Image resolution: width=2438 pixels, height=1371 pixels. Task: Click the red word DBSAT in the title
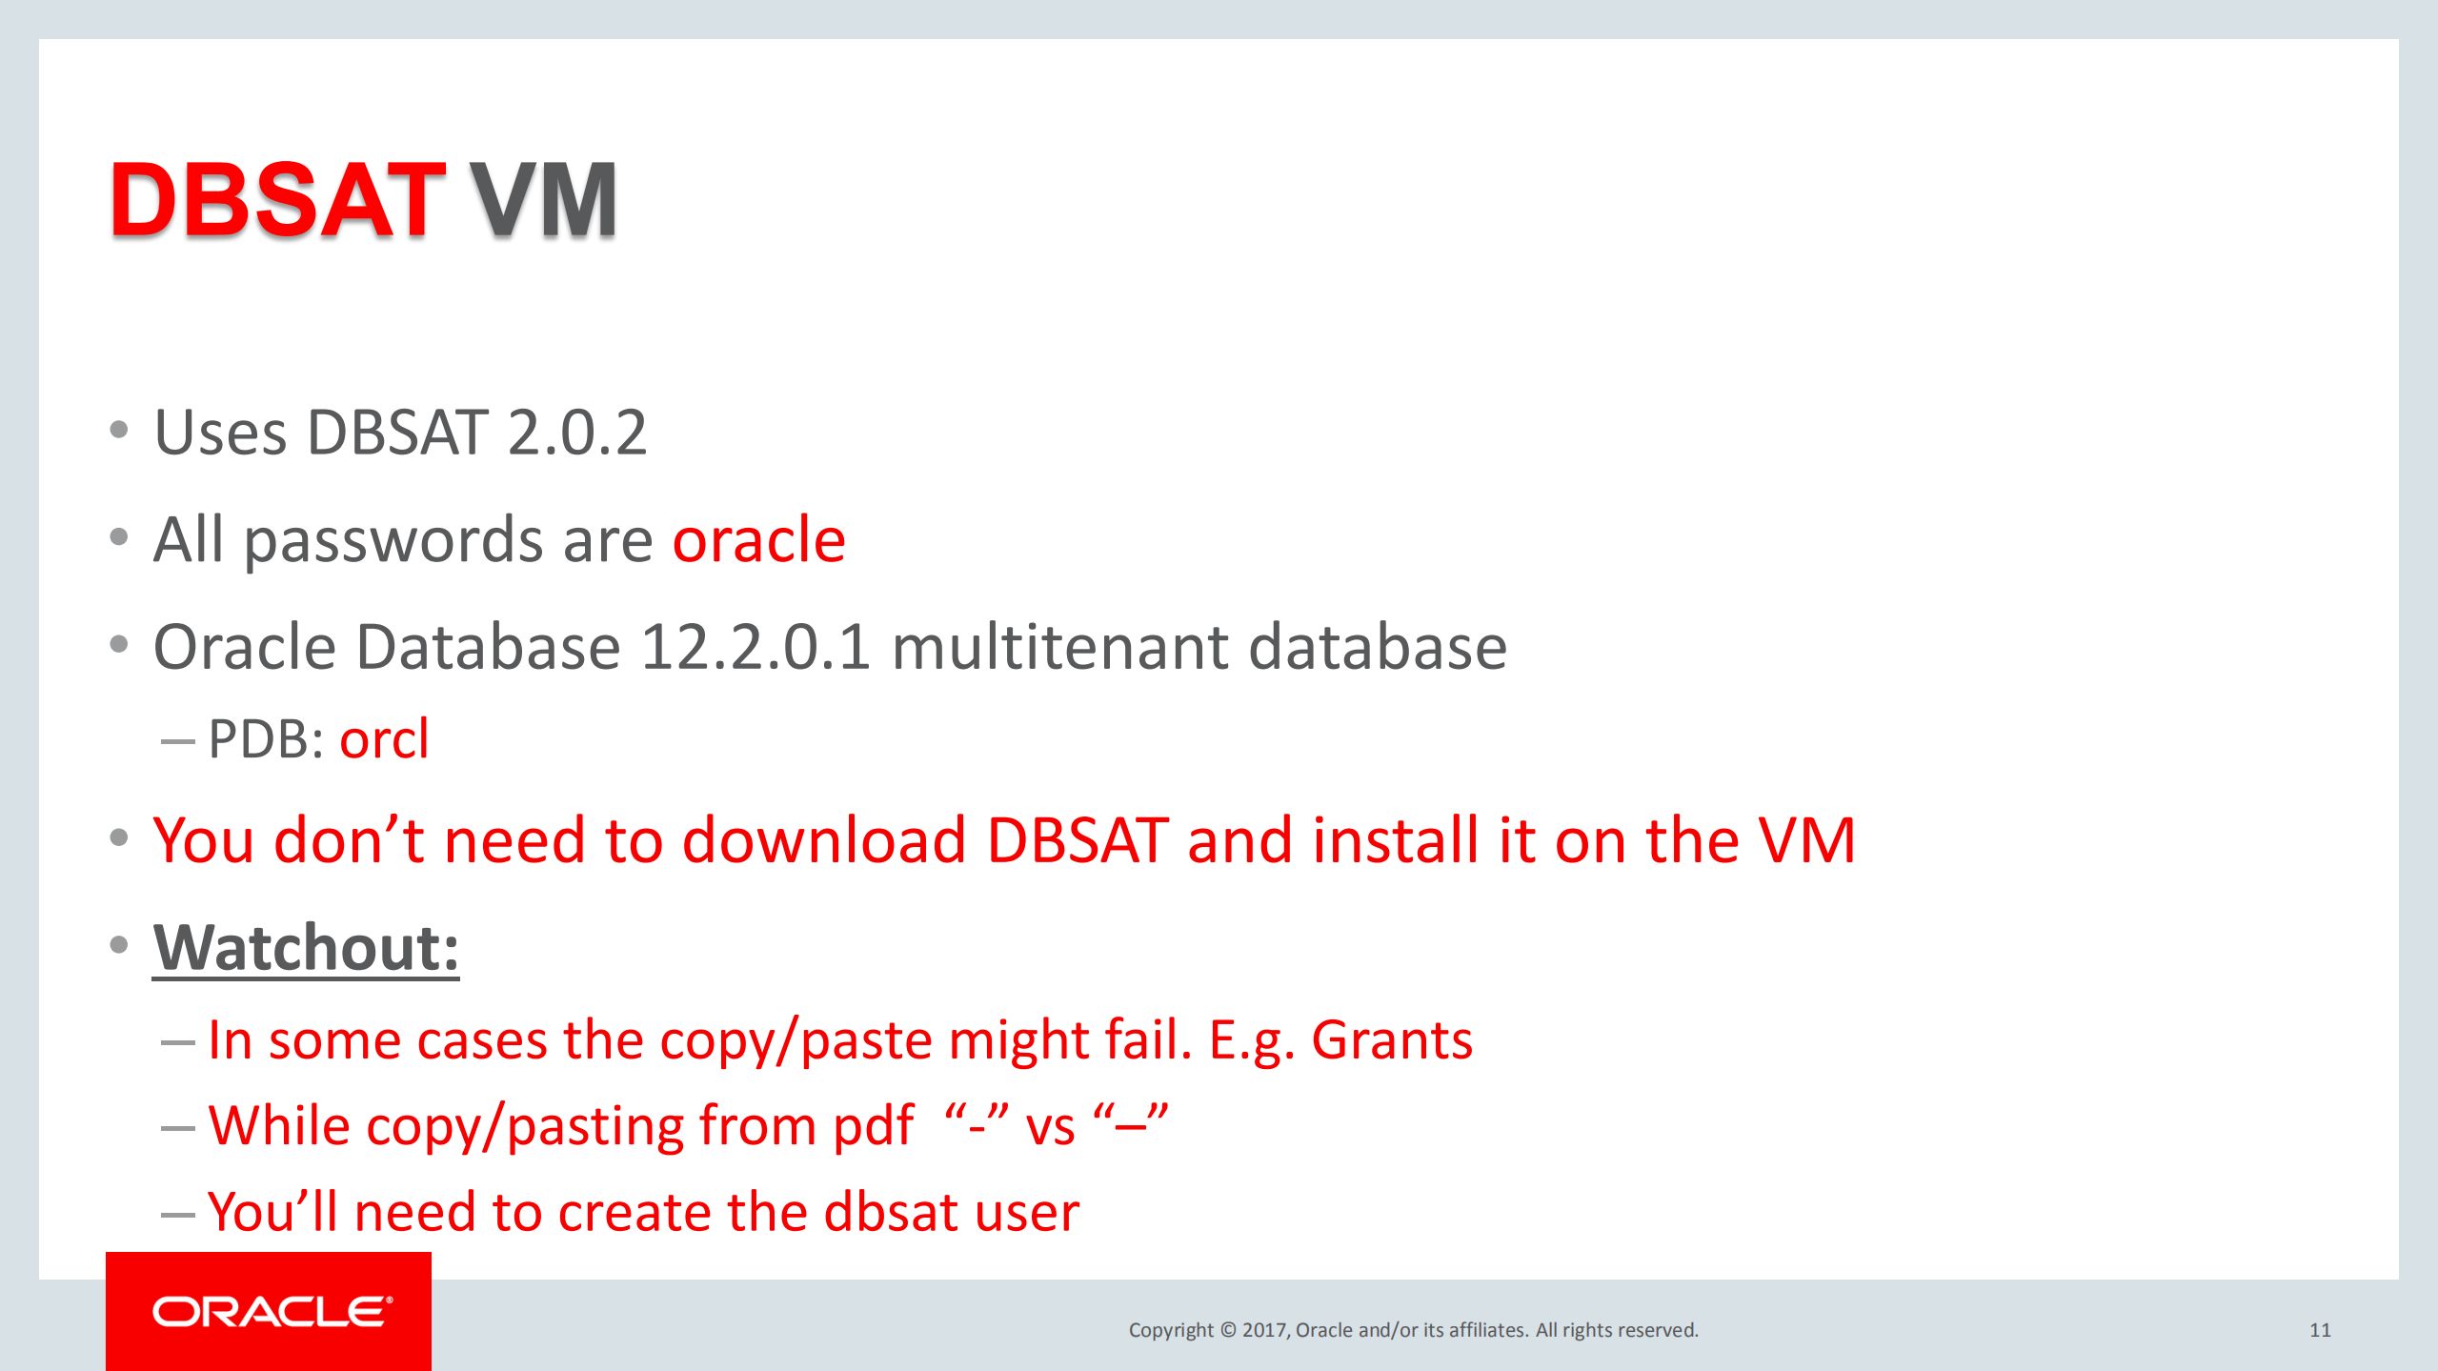click(277, 199)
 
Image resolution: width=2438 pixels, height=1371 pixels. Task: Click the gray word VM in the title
click(543, 199)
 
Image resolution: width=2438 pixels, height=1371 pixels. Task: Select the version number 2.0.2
click(577, 433)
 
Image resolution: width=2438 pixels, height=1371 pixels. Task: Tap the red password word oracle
click(759, 539)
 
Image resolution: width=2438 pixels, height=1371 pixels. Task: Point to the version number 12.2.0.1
click(756, 647)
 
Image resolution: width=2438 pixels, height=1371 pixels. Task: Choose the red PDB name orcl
click(384, 738)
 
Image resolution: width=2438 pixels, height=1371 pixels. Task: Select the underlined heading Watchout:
click(306, 948)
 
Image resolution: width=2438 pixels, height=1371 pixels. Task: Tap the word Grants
click(1392, 1039)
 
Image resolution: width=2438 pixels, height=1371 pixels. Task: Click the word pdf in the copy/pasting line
click(874, 1127)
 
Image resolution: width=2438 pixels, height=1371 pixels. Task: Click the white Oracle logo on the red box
click(272, 1312)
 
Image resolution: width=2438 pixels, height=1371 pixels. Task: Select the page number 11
click(2320, 1330)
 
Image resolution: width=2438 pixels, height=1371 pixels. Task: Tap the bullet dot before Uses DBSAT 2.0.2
click(119, 430)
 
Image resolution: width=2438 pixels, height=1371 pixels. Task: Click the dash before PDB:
click(178, 741)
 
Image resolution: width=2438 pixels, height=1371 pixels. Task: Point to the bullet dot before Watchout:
click(119, 944)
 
